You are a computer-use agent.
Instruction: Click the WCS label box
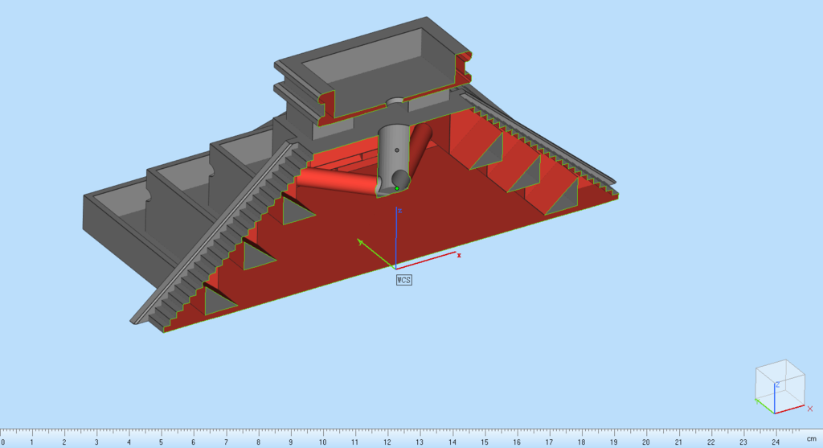(403, 280)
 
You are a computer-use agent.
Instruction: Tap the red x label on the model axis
(459, 255)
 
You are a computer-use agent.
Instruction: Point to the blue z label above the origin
(400, 211)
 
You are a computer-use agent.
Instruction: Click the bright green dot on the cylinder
(397, 188)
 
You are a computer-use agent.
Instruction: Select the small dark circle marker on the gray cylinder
(397, 150)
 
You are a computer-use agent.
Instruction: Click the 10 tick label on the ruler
(322, 442)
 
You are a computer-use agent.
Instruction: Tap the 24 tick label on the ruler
(776, 442)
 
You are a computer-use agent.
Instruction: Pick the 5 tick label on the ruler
(161, 442)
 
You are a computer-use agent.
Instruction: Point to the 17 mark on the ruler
(549, 442)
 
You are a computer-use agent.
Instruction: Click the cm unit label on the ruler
(812, 439)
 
